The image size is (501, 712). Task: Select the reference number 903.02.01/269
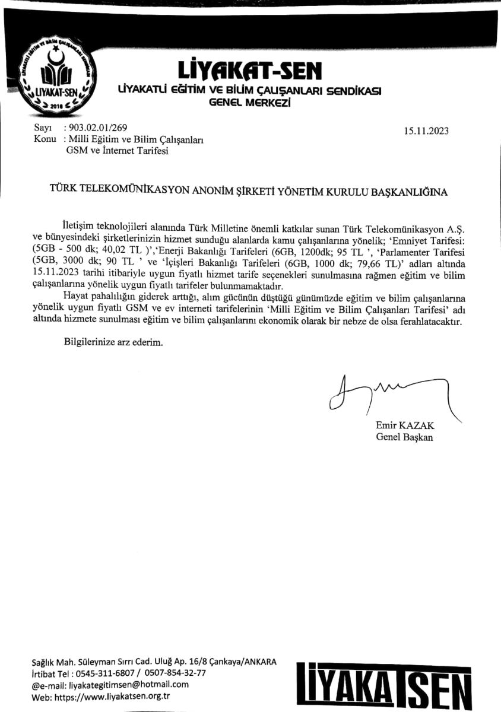click(95, 128)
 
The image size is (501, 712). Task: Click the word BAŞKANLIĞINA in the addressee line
click(408, 192)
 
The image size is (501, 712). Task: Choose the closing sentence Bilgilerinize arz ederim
click(112, 342)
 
